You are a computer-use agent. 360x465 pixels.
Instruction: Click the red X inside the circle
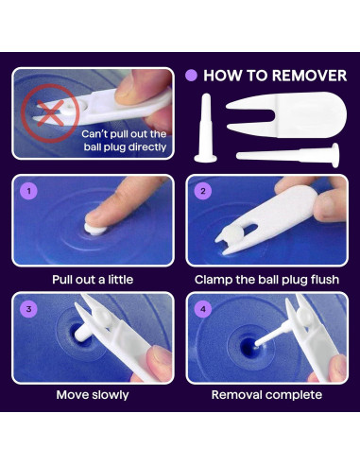pyautogui.click(x=50, y=112)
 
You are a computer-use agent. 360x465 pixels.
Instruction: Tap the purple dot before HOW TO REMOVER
pyautogui.click(x=191, y=76)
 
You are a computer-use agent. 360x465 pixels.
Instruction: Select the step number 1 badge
pyautogui.click(x=29, y=191)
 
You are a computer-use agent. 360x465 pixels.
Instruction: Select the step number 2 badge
pyautogui.click(x=203, y=191)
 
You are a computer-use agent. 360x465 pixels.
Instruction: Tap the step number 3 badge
pyautogui.click(x=29, y=309)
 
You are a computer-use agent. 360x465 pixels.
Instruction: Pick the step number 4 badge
pyautogui.click(x=203, y=309)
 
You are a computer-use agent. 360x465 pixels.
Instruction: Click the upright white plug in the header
pyautogui.click(x=206, y=129)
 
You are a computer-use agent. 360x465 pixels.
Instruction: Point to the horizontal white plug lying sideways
pyautogui.click(x=287, y=155)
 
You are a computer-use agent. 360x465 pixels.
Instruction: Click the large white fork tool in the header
pyautogui.click(x=286, y=115)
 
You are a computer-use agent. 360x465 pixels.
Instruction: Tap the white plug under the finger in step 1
pyautogui.click(x=94, y=230)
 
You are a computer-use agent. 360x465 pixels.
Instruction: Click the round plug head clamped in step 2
pyautogui.click(x=235, y=235)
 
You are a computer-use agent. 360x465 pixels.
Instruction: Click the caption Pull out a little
pyautogui.click(x=93, y=280)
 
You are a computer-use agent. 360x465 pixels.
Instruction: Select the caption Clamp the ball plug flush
pyautogui.click(x=266, y=280)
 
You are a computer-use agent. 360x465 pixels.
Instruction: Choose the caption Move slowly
pyautogui.click(x=93, y=395)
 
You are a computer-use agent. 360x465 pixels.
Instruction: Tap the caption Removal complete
pyautogui.click(x=266, y=395)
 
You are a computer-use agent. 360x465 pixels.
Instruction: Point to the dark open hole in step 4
pyautogui.click(x=249, y=347)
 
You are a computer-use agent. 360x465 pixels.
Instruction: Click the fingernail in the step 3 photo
pyautogui.click(x=162, y=355)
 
